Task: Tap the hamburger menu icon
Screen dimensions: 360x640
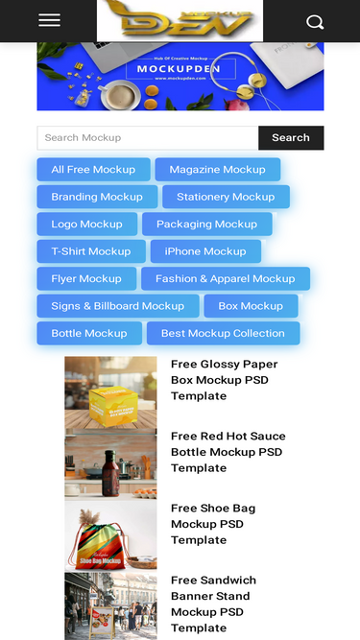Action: [x=49, y=20]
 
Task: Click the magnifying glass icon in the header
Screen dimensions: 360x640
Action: [x=315, y=21]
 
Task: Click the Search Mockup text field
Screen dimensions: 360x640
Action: [x=148, y=138]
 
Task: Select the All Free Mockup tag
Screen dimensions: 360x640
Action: [x=93, y=170]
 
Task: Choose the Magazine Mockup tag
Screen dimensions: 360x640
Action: [x=217, y=170]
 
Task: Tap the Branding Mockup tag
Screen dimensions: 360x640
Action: [x=96, y=197]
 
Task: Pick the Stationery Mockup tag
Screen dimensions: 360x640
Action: [x=226, y=197]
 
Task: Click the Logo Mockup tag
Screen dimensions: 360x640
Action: [x=86, y=225]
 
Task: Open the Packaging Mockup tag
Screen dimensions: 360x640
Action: [x=206, y=225]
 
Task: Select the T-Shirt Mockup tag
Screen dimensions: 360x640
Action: [x=90, y=251]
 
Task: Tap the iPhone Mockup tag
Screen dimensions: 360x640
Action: [x=205, y=251]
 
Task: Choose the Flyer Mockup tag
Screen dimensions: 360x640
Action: [x=86, y=279]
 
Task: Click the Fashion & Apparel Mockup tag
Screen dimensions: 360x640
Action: [x=226, y=279]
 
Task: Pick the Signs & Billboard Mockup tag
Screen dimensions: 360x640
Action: [x=117, y=306]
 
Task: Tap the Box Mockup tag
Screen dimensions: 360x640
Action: [x=251, y=306]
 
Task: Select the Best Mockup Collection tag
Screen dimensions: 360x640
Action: [x=223, y=334]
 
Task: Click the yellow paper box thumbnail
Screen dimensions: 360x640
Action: [x=110, y=392]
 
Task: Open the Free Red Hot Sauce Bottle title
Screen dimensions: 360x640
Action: [x=228, y=452]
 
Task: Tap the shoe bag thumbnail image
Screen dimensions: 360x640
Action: [x=110, y=536]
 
